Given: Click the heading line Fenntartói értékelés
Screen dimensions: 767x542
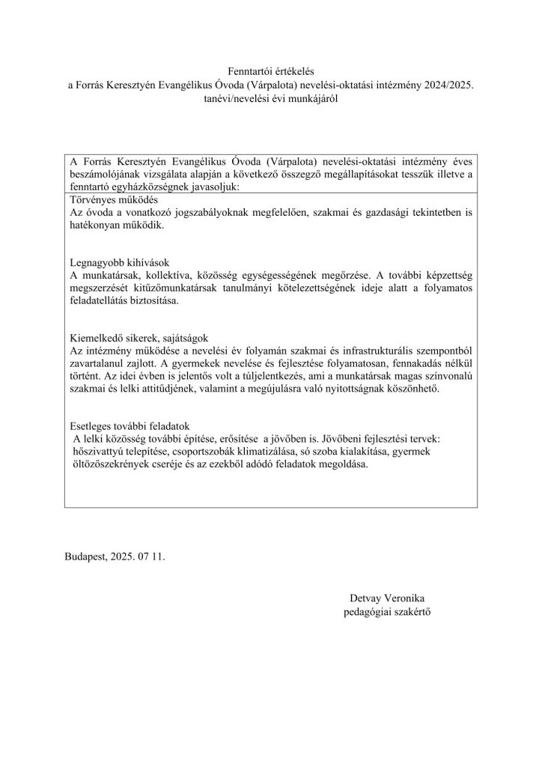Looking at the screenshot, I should coord(270,70).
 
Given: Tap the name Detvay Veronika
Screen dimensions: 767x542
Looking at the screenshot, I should coord(387,598).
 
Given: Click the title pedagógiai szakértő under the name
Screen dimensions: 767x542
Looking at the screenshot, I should coord(387,612).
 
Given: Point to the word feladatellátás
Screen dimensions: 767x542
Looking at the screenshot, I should coord(103,303).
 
